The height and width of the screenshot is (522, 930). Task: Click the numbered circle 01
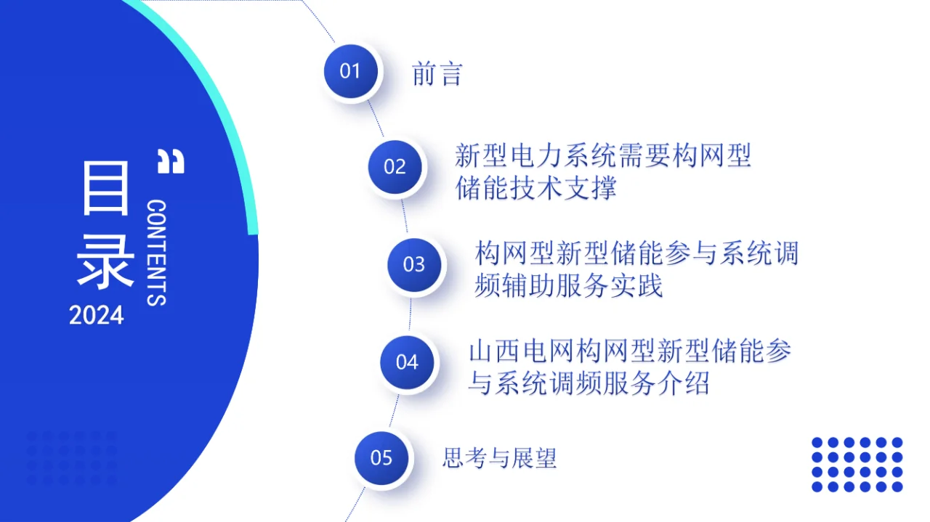point(351,71)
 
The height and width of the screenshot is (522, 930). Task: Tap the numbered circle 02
point(395,167)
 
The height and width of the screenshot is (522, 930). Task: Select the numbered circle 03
point(414,264)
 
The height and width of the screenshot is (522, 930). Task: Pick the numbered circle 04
point(408,362)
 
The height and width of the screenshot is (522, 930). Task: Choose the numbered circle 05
point(382,458)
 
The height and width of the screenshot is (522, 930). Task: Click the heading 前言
point(437,74)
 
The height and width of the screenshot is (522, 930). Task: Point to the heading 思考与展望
point(500,458)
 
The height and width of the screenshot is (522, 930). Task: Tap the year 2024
point(97,316)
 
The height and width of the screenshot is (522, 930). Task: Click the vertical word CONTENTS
point(157,253)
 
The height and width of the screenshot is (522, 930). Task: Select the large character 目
point(106,188)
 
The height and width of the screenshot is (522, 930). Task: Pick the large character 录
point(106,261)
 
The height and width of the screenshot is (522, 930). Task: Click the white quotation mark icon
point(171,161)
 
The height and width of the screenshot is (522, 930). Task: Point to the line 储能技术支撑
point(536,189)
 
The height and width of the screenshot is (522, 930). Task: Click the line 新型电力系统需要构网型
point(603,155)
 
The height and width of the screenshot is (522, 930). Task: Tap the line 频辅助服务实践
point(569,286)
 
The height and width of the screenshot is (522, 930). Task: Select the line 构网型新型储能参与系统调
point(637,253)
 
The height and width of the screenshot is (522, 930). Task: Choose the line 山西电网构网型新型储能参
point(630,351)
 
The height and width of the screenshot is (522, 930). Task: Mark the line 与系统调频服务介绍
point(589,383)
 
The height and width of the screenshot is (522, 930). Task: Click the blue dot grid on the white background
point(857,465)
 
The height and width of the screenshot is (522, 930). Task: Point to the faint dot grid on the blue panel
point(71,458)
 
